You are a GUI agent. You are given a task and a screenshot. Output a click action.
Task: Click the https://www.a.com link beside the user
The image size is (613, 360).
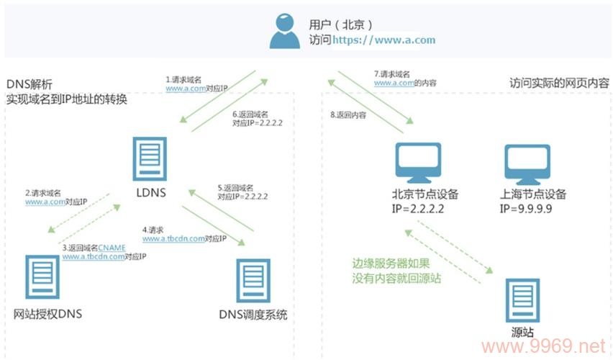[383, 40]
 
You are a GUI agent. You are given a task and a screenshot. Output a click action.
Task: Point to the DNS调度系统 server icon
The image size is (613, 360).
[253, 282]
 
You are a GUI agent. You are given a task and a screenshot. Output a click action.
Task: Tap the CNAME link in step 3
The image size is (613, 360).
[112, 247]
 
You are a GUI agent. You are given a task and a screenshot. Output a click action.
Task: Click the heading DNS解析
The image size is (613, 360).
[29, 84]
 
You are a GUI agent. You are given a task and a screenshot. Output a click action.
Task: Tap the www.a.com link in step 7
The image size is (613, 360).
[393, 83]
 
